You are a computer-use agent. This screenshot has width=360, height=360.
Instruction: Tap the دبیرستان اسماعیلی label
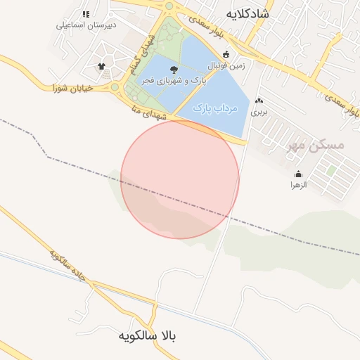pyautogui.click(x=86, y=25)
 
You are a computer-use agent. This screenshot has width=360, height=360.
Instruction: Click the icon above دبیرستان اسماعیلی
pyautogui.click(x=86, y=14)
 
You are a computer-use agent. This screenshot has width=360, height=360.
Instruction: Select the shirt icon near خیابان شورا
pyautogui.click(x=102, y=67)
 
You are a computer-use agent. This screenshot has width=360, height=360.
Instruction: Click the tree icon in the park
pyautogui.click(x=173, y=69)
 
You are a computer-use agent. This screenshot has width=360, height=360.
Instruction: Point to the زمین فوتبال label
pyautogui.click(x=225, y=65)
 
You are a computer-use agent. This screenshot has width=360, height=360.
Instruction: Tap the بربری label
pyautogui.click(x=259, y=111)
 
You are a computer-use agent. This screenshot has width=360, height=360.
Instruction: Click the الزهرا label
pyautogui.click(x=299, y=185)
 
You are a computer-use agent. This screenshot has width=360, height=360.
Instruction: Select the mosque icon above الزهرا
pyautogui.click(x=299, y=174)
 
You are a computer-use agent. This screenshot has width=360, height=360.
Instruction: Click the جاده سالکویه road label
pyautogui.click(x=67, y=264)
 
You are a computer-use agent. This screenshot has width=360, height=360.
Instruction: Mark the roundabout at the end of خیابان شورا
pyautogui.click(x=115, y=87)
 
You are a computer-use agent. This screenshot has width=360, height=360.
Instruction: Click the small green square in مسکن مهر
pyautogui.click(x=330, y=169)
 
